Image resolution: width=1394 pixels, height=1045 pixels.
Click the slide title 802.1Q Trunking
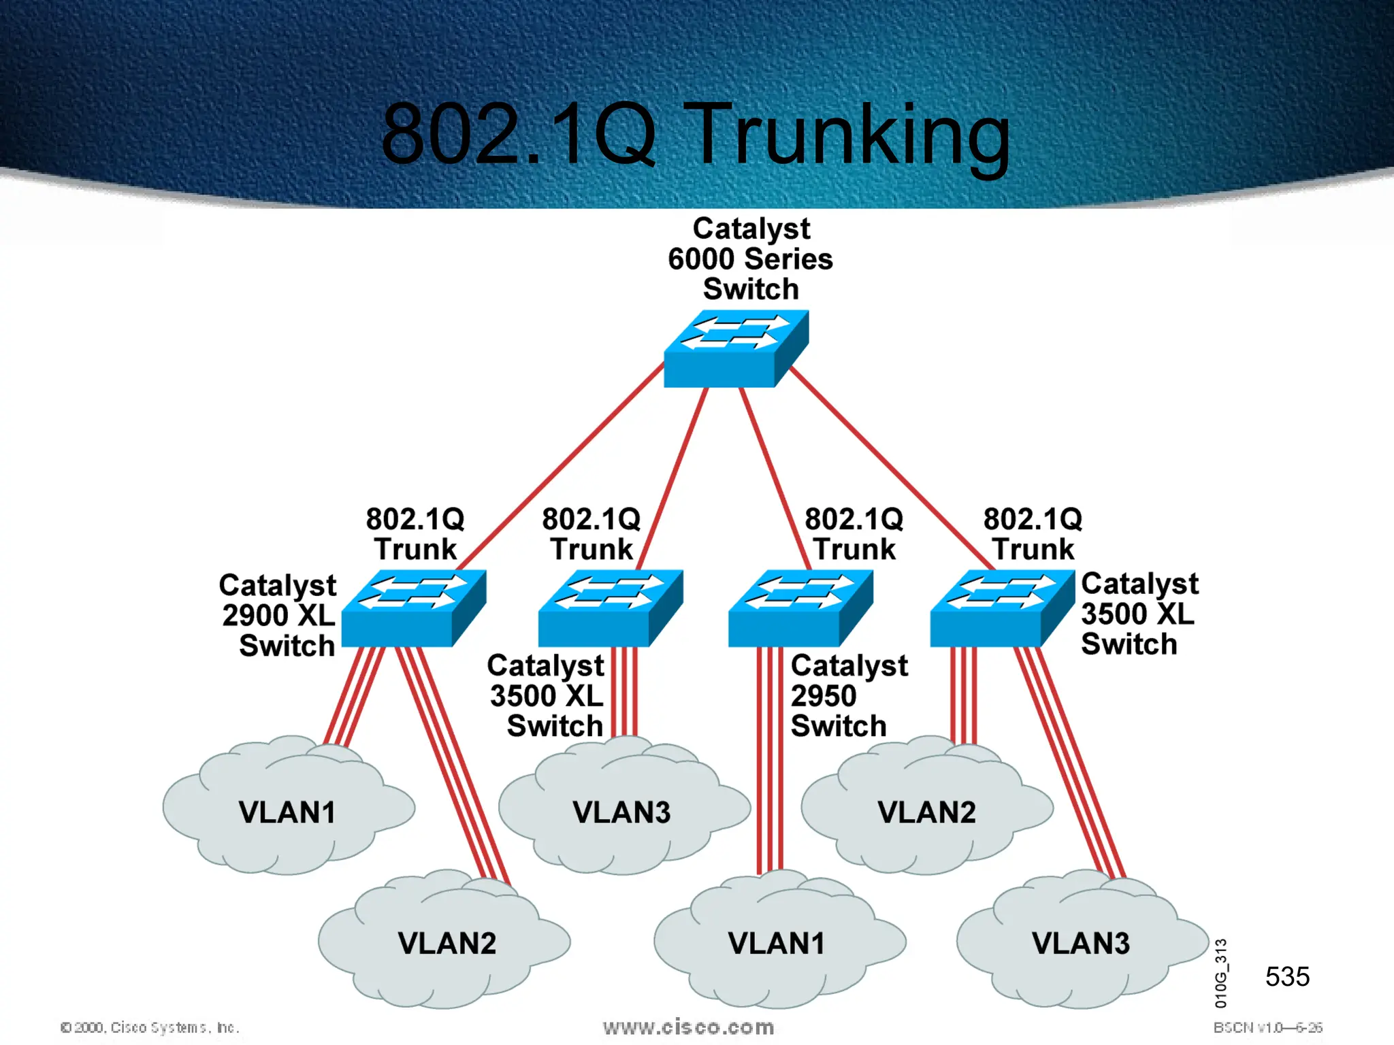point(696,134)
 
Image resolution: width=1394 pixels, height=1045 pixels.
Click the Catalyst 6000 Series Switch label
point(750,259)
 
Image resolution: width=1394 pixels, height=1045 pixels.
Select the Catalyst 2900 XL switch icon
point(413,608)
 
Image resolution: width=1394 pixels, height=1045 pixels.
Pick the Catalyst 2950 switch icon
point(800,608)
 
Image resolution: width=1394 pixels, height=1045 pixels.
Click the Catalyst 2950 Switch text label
point(847,695)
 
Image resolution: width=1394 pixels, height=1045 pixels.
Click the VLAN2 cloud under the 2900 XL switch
point(447,943)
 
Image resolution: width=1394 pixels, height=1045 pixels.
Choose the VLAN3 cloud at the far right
point(1080,943)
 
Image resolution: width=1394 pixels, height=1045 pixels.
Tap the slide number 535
point(1287,976)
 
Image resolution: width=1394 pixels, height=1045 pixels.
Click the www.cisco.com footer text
point(688,1027)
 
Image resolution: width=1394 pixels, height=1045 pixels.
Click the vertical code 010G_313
point(1221,973)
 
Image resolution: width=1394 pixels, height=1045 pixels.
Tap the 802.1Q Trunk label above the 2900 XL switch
point(415,534)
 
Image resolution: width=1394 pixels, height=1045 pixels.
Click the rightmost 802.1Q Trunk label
point(1033,534)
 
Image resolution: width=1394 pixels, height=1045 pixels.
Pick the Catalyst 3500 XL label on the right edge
point(1138,614)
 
